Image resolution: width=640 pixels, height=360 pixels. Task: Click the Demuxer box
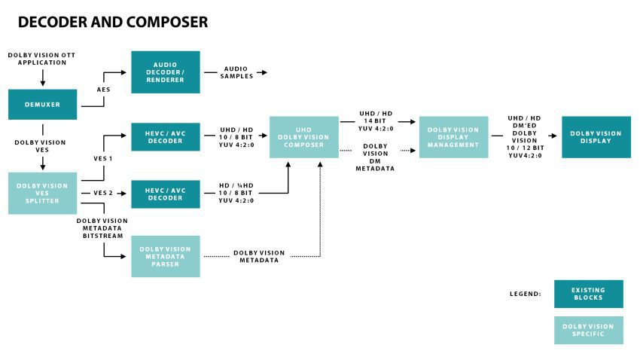[x=42, y=105]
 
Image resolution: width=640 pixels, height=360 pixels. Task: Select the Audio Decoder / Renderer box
[x=166, y=72]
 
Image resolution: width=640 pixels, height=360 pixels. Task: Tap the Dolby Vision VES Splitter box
[x=42, y=193]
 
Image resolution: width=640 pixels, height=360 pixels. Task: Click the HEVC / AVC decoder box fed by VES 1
[x=166, y=136]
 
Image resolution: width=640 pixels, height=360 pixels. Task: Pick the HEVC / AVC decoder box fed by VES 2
[x=166, y=194]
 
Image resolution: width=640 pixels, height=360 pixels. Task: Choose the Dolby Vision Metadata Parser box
[x=166, y=256]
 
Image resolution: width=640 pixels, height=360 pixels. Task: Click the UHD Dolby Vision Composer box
[x=304, y=136]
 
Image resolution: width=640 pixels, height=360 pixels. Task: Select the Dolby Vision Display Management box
[x=453, y=137]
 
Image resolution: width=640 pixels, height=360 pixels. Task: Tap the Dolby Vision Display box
[x=596, y=137]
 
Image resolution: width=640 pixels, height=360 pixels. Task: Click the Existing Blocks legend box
[x=588, y=294]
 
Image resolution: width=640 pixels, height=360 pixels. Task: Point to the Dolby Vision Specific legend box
[x=588, y=330]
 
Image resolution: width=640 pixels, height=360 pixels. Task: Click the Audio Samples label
[x=233, y=72]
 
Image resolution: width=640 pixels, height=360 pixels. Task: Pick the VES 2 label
[x=103, y=193]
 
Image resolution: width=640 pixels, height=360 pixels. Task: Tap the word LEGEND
[x=525, y=294]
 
